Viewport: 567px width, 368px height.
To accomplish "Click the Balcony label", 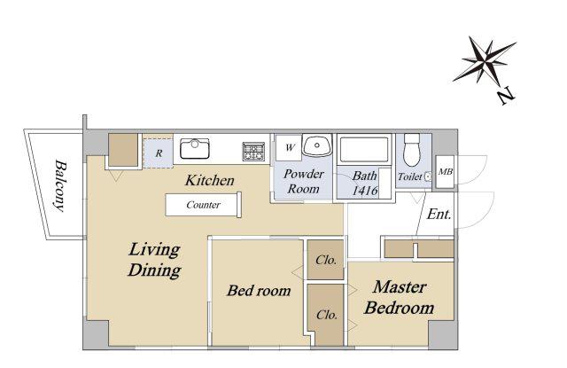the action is (x=60, y=185).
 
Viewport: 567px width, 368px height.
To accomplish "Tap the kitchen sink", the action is (x=195, y=148).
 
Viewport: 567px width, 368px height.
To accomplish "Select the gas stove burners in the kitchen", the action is (x=254, y=152).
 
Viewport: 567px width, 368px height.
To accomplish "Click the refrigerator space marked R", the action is (x=158, y=153).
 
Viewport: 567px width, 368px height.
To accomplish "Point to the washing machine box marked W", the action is (x=289, y=147).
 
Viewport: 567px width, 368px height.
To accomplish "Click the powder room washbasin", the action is (x=317, y=145).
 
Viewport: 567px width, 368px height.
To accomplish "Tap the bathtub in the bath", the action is (x=364, y=149).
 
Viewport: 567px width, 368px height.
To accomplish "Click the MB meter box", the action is (x=445, y=171).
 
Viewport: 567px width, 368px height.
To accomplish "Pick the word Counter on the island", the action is (x=203, y=205).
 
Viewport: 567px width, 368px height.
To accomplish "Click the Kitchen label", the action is (x=210, y=180).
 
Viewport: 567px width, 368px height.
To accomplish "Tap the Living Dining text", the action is (x=154, y=260).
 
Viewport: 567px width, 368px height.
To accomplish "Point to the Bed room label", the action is (x=259, y=290).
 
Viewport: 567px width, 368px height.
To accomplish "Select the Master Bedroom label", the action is (x=400, y=297).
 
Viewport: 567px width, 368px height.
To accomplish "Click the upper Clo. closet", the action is (x=325, y=260).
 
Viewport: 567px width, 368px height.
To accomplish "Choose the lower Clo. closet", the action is (x=326, y=315).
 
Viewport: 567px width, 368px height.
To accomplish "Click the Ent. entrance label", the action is (x=439, y=215).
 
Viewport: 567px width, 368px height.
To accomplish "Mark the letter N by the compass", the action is (x=506, y=96).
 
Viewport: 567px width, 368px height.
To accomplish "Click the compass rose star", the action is (x=485, y=60).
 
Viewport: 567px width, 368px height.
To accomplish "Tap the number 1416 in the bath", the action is (x=365, y=191).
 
